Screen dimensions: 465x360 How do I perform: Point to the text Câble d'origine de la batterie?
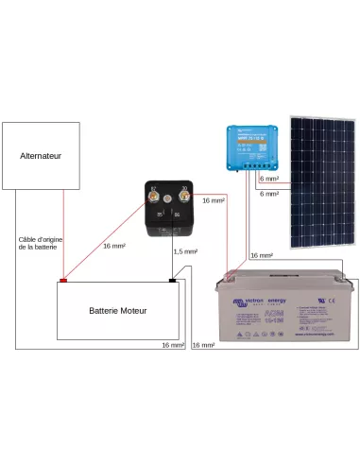(x=39, y=243)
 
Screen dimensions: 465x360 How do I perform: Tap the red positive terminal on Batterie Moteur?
(x=64, y=280)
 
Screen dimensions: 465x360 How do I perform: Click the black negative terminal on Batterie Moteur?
(x=172, y=280)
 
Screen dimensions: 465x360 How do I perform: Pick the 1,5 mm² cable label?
(x=186, y=251)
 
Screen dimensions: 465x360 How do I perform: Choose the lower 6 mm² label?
(x=268, y=194)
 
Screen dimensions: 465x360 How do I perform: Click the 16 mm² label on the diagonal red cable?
(x=113, y=246)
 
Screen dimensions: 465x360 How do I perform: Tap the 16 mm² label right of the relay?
(x=214, y=200)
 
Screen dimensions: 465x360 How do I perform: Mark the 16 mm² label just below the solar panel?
(x=261, y=255)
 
